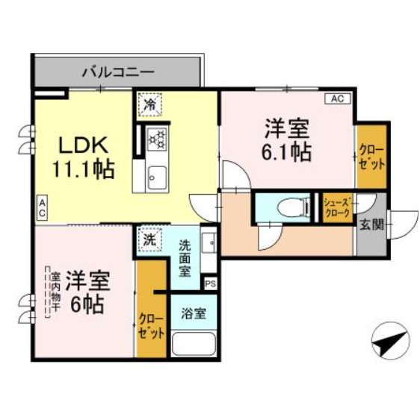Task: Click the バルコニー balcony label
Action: [118, 72]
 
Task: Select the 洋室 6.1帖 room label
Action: [287, 139]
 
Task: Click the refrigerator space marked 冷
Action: [149, 104]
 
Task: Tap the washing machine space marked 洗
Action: [149, 240]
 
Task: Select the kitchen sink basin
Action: [158, 178]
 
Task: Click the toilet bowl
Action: [292, 207]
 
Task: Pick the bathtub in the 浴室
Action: [194, 344]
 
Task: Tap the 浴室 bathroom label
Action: [194, 313]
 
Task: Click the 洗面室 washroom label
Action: [185, 258]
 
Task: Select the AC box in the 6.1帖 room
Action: [338, 98]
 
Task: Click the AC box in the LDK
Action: [42, 208]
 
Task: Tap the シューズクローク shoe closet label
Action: [337, 207]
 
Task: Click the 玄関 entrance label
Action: [371, 225]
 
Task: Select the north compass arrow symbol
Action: [391, 342]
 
